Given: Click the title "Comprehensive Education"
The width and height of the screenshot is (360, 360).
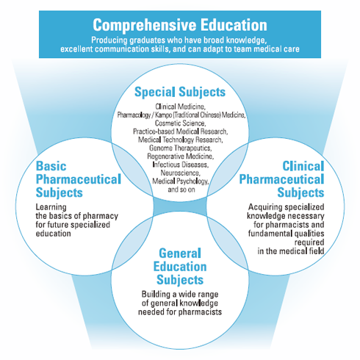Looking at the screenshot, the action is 180,25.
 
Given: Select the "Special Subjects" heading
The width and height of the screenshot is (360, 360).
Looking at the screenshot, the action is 180,93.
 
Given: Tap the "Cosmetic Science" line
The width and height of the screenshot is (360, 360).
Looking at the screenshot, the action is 180,123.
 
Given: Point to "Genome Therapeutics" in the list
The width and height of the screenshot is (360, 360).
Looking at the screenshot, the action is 180,148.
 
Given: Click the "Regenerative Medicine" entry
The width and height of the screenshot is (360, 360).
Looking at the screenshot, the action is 180,156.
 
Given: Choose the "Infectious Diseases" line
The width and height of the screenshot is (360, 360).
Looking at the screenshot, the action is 181,165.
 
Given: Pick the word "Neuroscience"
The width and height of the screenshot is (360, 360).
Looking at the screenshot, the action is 181,173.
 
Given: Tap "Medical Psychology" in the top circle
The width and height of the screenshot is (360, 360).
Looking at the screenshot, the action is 180,181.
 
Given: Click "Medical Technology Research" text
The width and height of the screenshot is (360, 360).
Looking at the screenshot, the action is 180,140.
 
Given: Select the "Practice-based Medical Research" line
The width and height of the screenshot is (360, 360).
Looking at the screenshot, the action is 181,132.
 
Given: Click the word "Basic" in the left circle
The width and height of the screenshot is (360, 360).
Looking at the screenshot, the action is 51,166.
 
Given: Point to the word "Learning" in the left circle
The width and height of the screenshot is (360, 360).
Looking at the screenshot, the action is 51,207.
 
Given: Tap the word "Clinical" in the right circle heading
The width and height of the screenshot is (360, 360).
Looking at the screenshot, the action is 303,166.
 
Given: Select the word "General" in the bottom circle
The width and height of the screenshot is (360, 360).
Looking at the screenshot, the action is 180,253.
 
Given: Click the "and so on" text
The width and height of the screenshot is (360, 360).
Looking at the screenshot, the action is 181,190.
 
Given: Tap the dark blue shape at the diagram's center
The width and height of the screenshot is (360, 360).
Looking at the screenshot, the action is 180,206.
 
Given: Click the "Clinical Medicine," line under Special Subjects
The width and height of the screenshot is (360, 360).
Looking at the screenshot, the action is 180,107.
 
